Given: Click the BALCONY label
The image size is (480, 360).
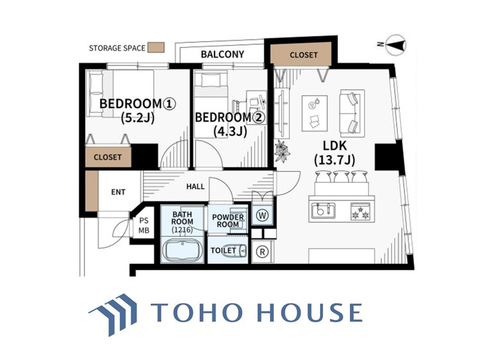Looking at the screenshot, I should [222, 54].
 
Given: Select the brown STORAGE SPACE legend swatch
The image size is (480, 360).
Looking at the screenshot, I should [156, 47].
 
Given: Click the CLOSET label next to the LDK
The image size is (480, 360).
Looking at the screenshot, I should [303, 55].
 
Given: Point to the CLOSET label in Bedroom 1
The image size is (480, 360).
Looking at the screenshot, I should [108, 156].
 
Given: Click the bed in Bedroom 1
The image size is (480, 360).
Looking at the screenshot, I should [121, 93].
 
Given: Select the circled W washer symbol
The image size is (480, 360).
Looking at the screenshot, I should [262, 215].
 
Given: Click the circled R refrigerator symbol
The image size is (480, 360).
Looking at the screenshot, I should [262, 251].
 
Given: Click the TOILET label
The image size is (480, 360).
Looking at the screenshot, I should [223, 251].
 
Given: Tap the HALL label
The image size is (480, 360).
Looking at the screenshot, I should [195, 187].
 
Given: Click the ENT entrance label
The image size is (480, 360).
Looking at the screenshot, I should [118, 192].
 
